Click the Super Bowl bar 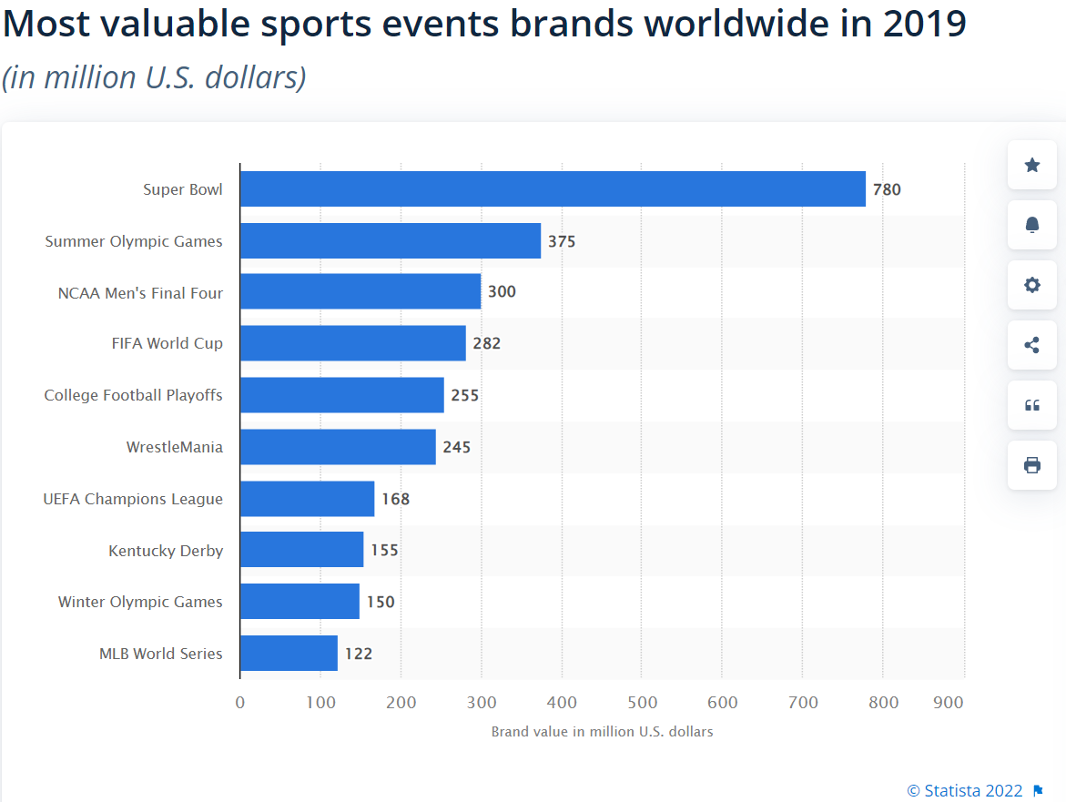tap(553, 189)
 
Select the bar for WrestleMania tap(338, 447)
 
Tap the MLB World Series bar tap(289, 654)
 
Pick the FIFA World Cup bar tap(353, 343)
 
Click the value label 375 tap(562, 241)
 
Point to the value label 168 tap(396, 499)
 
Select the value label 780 tap(887, 189)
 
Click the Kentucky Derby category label tap(166, 551)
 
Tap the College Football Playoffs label tap(134, 395)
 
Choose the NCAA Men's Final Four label tap(140, 293)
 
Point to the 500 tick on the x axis tap(642, 703)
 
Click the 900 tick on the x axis tap(949, 703)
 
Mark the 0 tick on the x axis tap(240, 703)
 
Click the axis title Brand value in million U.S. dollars tap(602, 732)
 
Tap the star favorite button tap(1032, 165)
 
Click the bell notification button tap(1032, 225)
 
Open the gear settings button tap(1032, 285)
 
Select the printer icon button tap(1032, 465)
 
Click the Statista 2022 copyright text tap(965, 790)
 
